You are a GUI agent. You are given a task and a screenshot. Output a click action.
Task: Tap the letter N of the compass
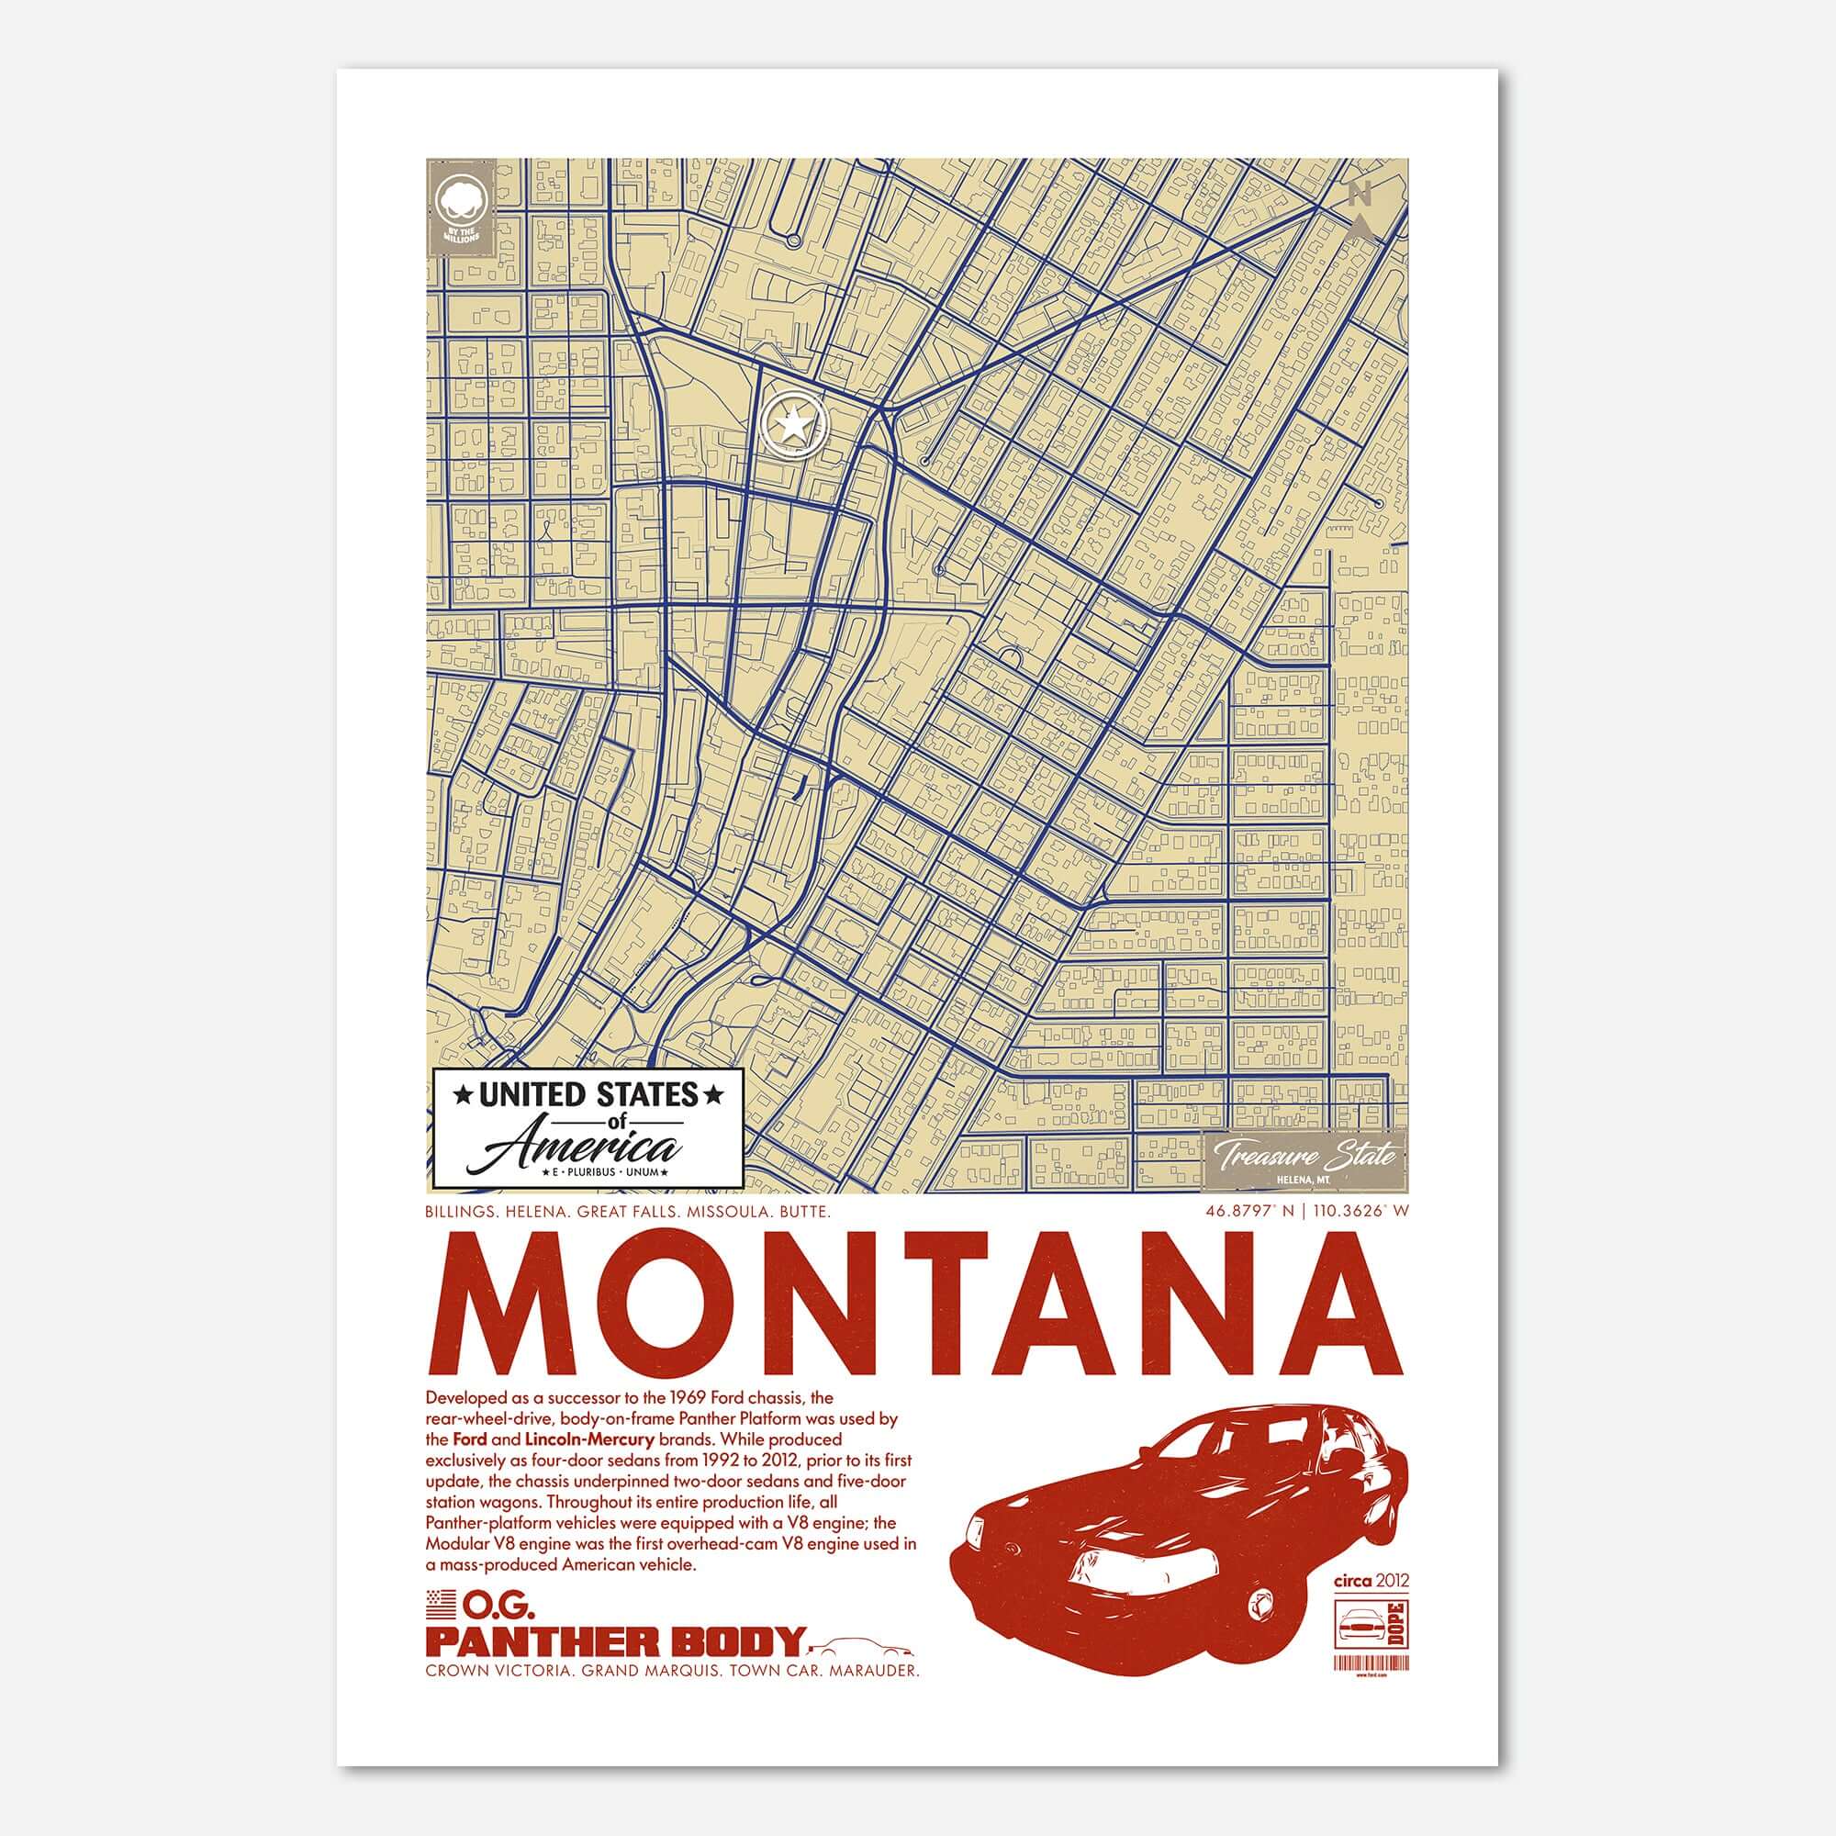[x=1360, y=195]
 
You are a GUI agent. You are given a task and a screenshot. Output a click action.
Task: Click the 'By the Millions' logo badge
[x=460, y=209]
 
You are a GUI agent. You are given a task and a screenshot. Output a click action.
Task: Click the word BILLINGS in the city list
[x=463, y=1213]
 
